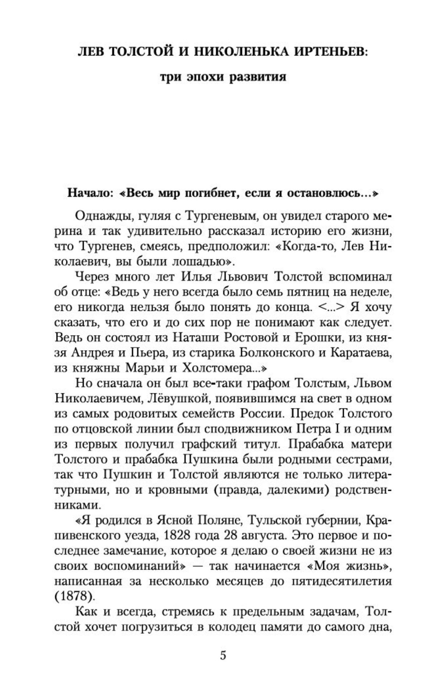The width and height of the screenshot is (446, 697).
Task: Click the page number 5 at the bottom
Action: pyautogui.click(x=223, y=655)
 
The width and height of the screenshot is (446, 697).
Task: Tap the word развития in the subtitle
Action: pyautogui.click(x=257, y=77)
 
